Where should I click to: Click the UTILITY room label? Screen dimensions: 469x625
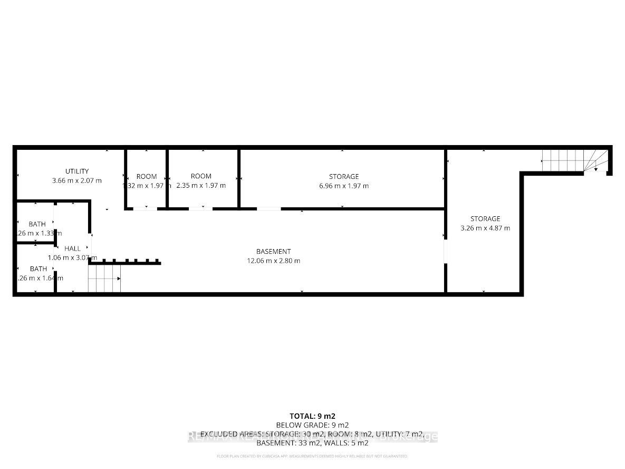[77, 171]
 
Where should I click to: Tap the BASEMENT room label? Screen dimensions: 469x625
[273, 252]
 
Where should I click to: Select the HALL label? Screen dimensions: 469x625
[72, 248]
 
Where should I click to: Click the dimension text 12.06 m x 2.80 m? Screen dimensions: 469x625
[273, 261]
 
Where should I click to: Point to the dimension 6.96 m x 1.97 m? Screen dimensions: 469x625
[343, 186]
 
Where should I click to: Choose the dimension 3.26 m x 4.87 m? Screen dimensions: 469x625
[485, 228]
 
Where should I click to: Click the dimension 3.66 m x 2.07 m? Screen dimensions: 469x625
[77, 180]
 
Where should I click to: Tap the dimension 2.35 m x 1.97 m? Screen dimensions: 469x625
[201, 185]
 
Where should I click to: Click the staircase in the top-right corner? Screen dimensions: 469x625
[575, 160]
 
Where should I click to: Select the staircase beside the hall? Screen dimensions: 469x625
[104, 278]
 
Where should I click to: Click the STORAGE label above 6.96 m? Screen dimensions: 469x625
[343, 176]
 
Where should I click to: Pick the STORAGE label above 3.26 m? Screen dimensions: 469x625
[485, 218]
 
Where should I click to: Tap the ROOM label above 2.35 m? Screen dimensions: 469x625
[201, 176]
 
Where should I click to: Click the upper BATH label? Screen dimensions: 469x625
[38, 224]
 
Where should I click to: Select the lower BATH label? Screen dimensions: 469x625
[38, 269]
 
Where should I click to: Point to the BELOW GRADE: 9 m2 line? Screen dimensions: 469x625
[312, 425]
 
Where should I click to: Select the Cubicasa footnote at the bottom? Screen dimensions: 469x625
[312, 456]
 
